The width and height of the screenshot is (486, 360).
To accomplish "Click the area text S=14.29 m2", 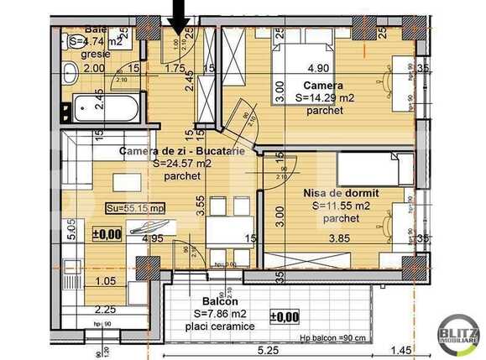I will [x=325, y=97].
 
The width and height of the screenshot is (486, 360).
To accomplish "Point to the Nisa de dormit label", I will [x=341, y=192].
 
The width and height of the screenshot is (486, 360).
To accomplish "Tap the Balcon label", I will [x=220, y=300].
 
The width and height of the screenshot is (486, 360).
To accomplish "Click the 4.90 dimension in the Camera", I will [x=318, y=69].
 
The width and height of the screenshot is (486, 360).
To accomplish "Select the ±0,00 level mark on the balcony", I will [x=285, y=316].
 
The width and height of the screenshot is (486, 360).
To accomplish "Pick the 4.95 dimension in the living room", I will [x=152, y=238].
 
